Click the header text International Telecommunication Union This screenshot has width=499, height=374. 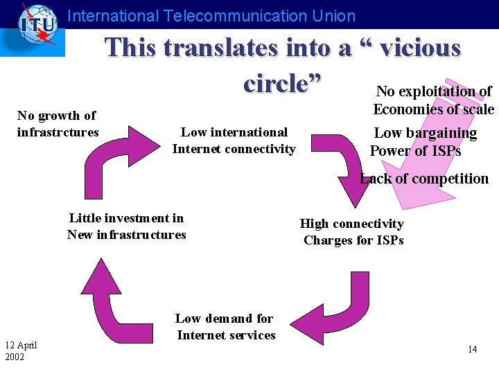point(212,16)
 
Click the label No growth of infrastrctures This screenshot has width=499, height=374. point(58,123)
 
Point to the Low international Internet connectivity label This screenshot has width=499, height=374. point(234,141)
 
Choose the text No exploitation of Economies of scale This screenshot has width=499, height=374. point(433,100)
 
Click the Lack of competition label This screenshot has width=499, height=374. point(424,179)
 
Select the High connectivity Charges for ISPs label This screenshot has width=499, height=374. point(352,232)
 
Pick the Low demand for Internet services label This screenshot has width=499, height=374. point(225,327)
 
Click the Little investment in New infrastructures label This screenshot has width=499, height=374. point(127,226)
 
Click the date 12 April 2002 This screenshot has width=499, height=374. point(21,351)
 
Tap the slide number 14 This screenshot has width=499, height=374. point(472,350)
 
